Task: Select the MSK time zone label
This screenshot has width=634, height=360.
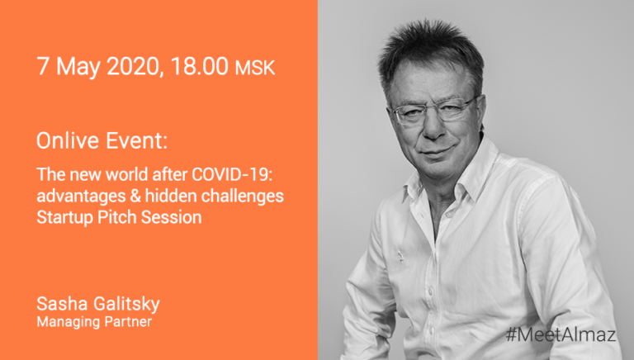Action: pyautogui.click(x=255, y=68)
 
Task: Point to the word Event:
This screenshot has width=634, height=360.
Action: pyautogui.click(x=137, y=140)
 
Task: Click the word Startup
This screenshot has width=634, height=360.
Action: pyautogui.click(x=65, y=218)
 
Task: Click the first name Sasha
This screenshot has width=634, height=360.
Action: pyautogui.click(x=62, y=304)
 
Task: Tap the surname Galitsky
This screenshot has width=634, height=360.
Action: pyautogui.click(x=126, y=305)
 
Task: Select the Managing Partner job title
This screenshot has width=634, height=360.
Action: pyautogui.click(x=94, y=322)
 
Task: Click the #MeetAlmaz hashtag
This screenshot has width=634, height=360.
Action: pyautogui.click(x=561, y=335)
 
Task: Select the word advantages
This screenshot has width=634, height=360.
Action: pyautogui.click(x=81, y=197)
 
